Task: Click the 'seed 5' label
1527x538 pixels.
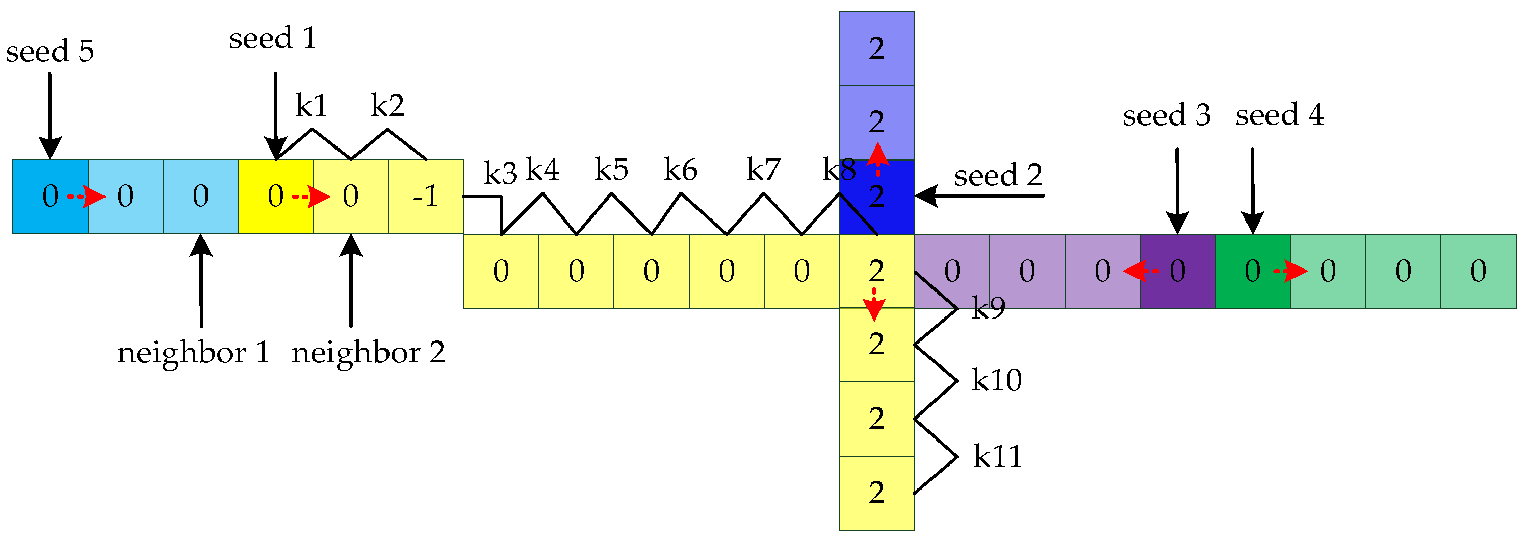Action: click(x=50, y=52)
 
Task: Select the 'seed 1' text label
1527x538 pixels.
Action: click(x=273, y=39)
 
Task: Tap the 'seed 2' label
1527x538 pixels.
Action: click(x=998, y=176)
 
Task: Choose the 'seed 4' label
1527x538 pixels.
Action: click(x=1279, y=115)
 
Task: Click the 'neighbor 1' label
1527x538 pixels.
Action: click(x=193, y=354)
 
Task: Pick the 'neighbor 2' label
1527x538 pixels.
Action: click(x=368, y=354)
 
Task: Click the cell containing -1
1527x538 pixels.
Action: click(x=426, y=197)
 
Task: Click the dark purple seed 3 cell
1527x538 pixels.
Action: click(x=1177, y=271)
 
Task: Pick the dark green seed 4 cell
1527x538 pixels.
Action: click(x=1252, y=271)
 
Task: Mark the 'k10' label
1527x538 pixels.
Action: click(x=996, y=380)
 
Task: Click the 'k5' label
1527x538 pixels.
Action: click(x=611, y=170)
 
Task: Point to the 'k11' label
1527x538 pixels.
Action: click(x=998, y=457)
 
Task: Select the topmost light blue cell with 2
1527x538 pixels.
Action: click(x=877, y=48)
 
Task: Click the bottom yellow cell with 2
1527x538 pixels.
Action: click(x=877, y=493)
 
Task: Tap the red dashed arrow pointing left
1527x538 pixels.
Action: click(x=1141, y=271)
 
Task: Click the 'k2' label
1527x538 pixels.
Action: click(x=387, y=106)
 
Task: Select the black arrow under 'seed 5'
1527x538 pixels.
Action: click(x=50, y=116)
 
